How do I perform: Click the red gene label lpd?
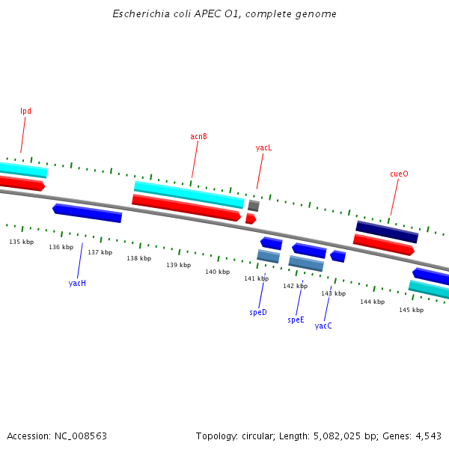click(25, 112)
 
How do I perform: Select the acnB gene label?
click(198, 137)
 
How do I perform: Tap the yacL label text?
click(263, 148)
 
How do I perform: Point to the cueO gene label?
click(399, 174)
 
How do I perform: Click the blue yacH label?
click(77, 284)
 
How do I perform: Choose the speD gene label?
click(258, 312)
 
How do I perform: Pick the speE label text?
click(296, 320)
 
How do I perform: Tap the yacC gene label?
click(323, 326)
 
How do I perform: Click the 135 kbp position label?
click(22, 242)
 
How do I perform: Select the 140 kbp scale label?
click(217, 272)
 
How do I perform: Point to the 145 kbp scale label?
click(411, 310)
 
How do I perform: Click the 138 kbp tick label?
click(138, 258)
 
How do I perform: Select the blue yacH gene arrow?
click(87, 213)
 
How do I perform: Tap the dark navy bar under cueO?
click(386, 231)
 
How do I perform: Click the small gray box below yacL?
click(254, 205)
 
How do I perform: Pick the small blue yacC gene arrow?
click(338, 257)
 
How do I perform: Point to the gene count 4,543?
click(427, 436)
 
